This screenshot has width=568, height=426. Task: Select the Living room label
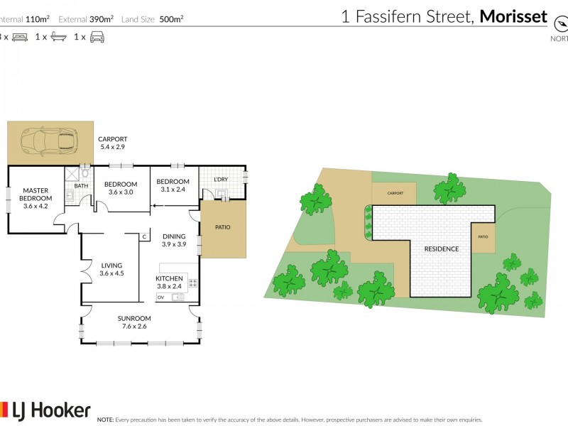pyautogui.click(x=111, y=269)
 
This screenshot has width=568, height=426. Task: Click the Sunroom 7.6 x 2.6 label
pyautogui.click(x=134, y=322)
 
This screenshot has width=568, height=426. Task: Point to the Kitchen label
pyautogui.click(x=170, y=282)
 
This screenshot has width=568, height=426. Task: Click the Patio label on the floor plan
pyautogui.click(x=222, y=228)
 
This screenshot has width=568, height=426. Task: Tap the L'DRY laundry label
pyautogui.click(x=221, y=180)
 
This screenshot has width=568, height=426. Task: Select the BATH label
pyautogui.click(x=81, y=186)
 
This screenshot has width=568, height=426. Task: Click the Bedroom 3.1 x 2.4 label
pyautogui.click(x=173, y=185)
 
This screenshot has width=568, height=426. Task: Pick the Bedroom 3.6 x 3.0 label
pyautogui.click(x=121, y=188)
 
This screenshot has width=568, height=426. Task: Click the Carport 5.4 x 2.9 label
pyautogui.click(x=112, y=143)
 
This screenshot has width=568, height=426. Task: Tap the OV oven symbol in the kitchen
pyautogui.click(x=160, y=297)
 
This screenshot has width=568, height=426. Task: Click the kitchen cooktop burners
pyautogui.click(x=192, y=283)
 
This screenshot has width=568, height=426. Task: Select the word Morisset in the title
pyautogui.click(x=513, y=16)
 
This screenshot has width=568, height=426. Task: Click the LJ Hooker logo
pyautogui.click(x=45, y=410)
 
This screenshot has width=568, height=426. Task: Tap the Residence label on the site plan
pyautogui.click(x=442, y=249)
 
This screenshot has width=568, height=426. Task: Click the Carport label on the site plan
pyautogui.click(x=395, y=193)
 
